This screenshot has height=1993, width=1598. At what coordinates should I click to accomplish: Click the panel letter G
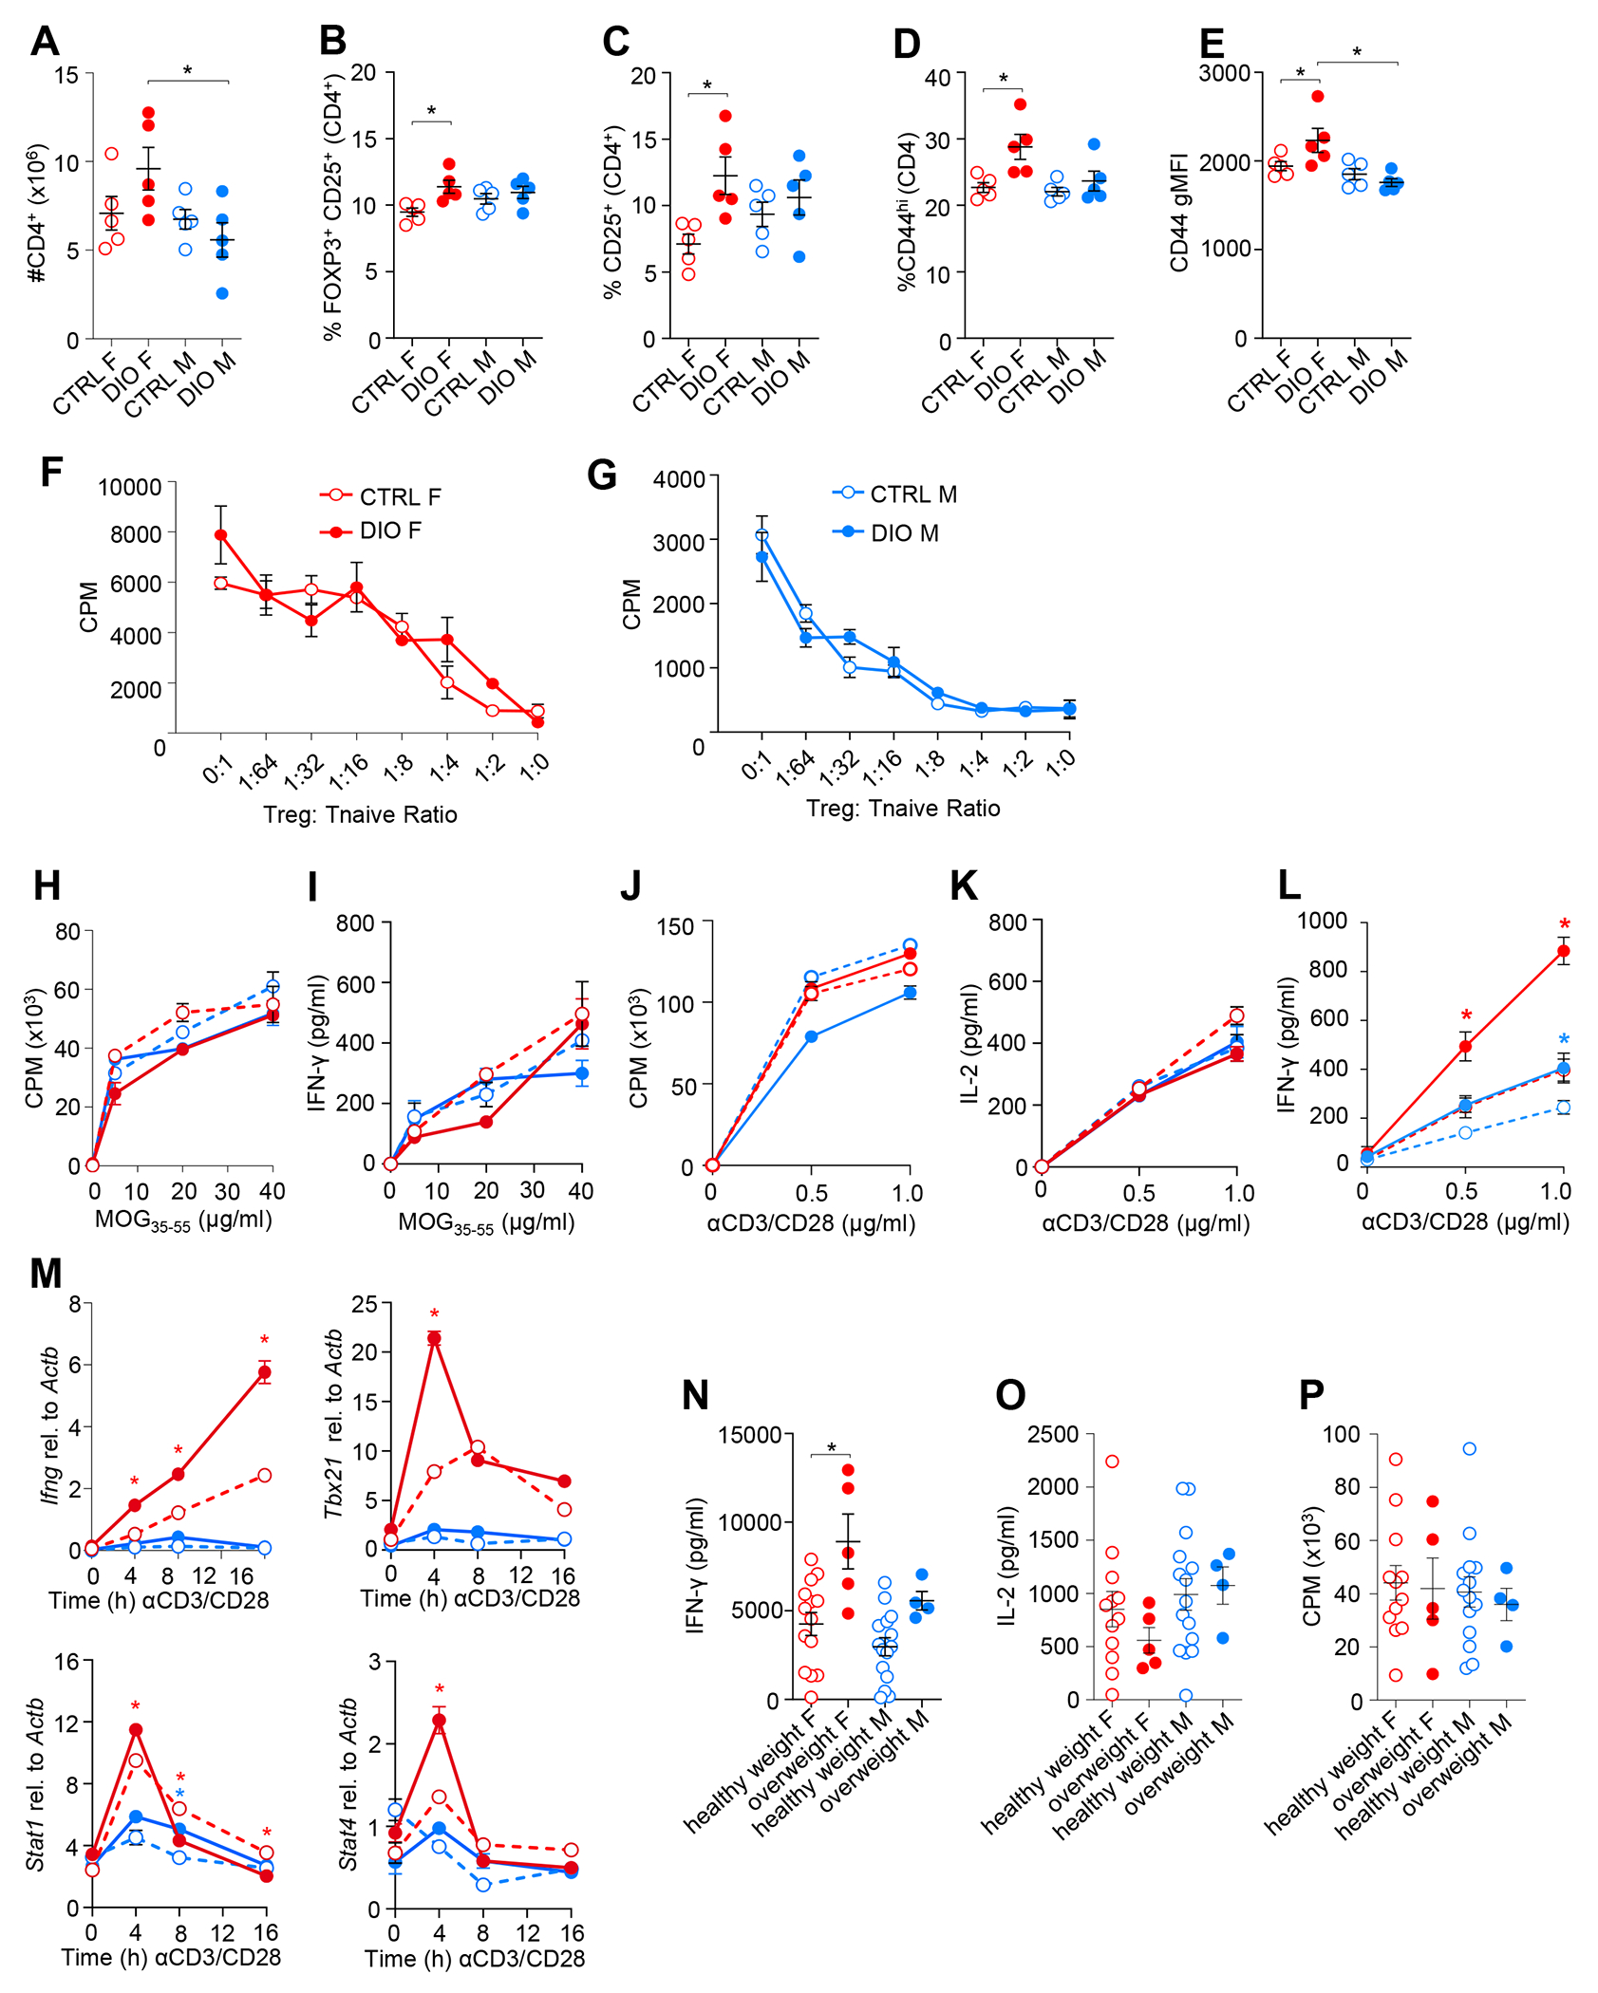tap(602, 475)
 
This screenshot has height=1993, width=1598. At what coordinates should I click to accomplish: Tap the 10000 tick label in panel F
tap(129, 487)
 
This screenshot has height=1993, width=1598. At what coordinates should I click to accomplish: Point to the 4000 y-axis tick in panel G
tap(678, 478)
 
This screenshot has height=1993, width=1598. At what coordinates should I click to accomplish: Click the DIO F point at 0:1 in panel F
tap(220, 535)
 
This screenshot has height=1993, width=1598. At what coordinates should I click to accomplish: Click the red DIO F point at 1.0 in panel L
tap(1563, 951)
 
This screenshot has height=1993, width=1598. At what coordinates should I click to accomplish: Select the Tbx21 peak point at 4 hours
tap(434, 1338)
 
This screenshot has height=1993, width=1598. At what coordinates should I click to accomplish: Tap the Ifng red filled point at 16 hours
tap(265, 1372)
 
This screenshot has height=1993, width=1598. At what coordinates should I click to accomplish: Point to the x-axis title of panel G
tap(902, 808)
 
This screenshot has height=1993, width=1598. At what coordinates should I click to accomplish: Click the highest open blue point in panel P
tap(1469, 1449)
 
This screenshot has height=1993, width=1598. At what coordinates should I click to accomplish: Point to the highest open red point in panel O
tap(1112, 1462)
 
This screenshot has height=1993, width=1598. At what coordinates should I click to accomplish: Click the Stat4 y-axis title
tap(348, 1784)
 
